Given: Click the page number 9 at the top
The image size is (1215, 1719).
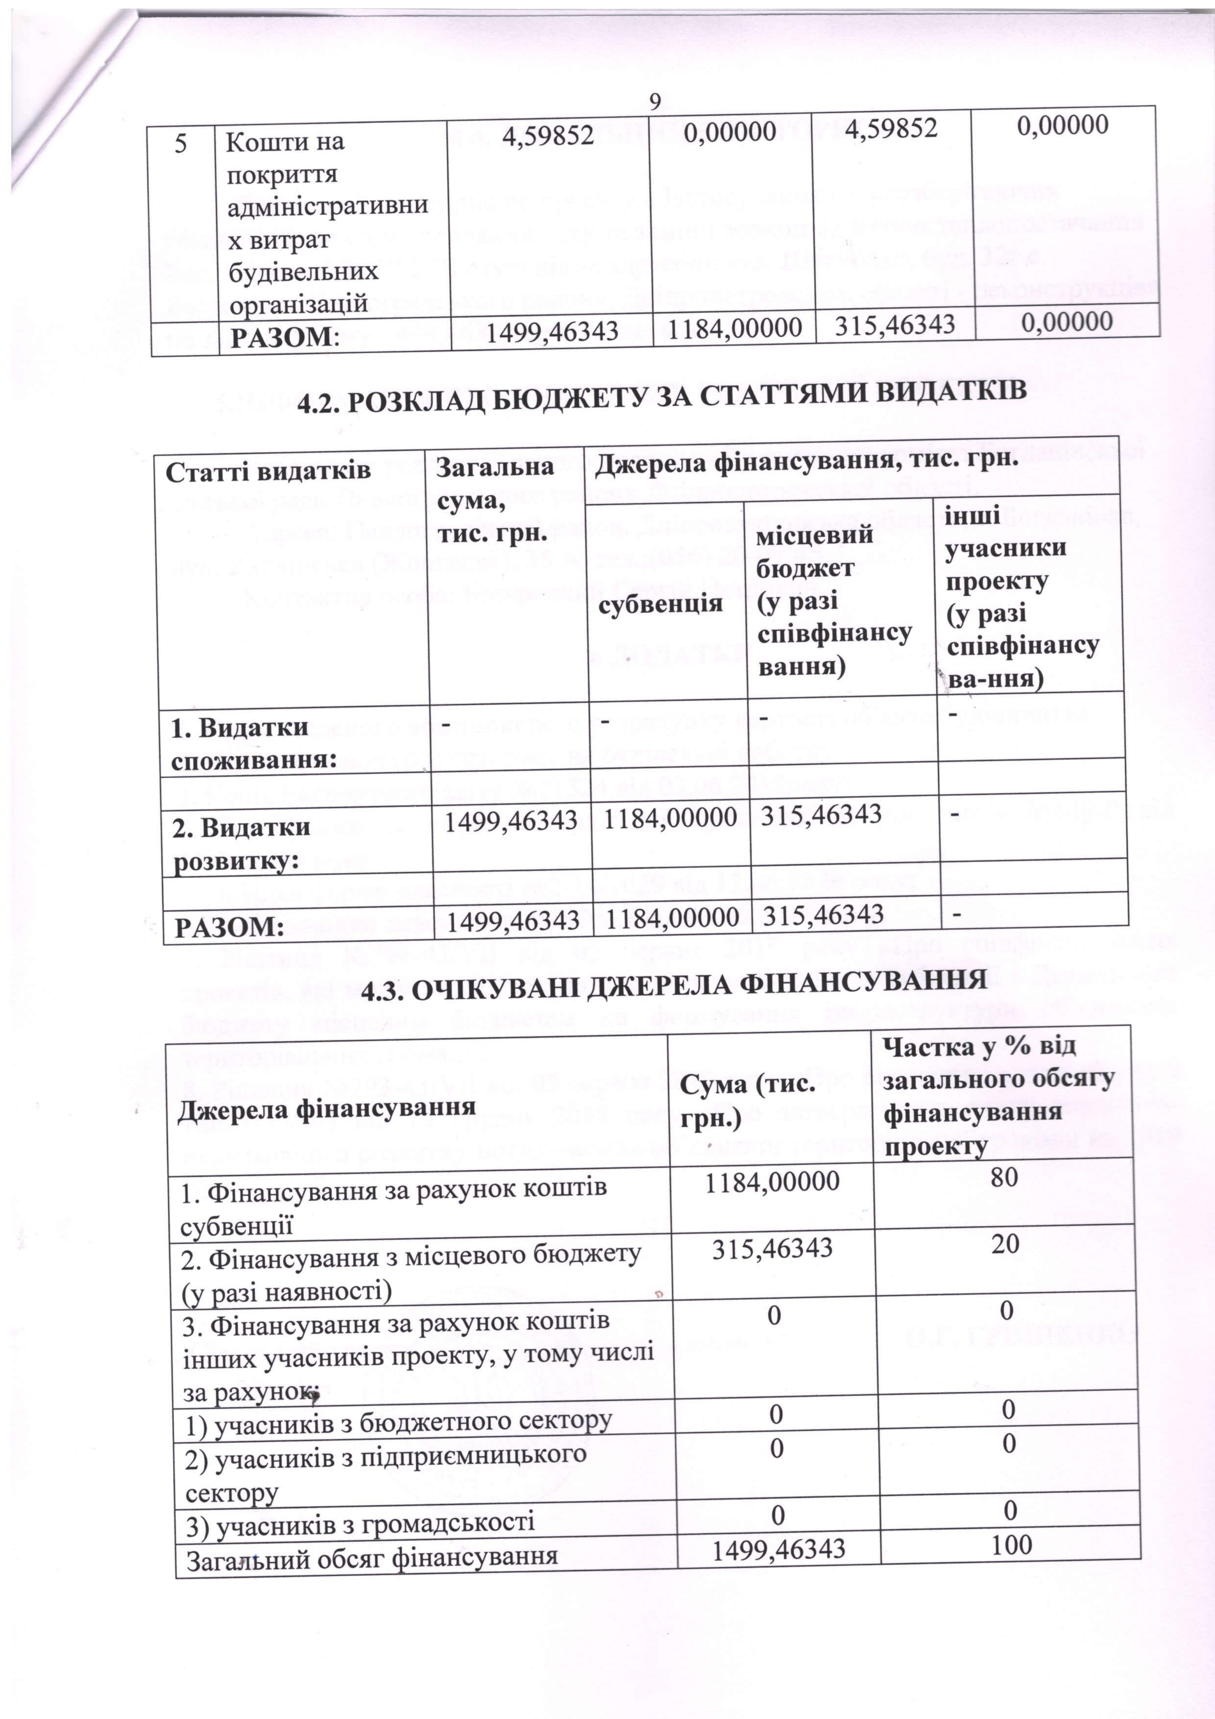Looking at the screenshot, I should click(655, 101).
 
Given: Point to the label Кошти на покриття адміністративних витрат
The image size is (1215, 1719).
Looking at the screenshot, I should click(327, 222).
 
